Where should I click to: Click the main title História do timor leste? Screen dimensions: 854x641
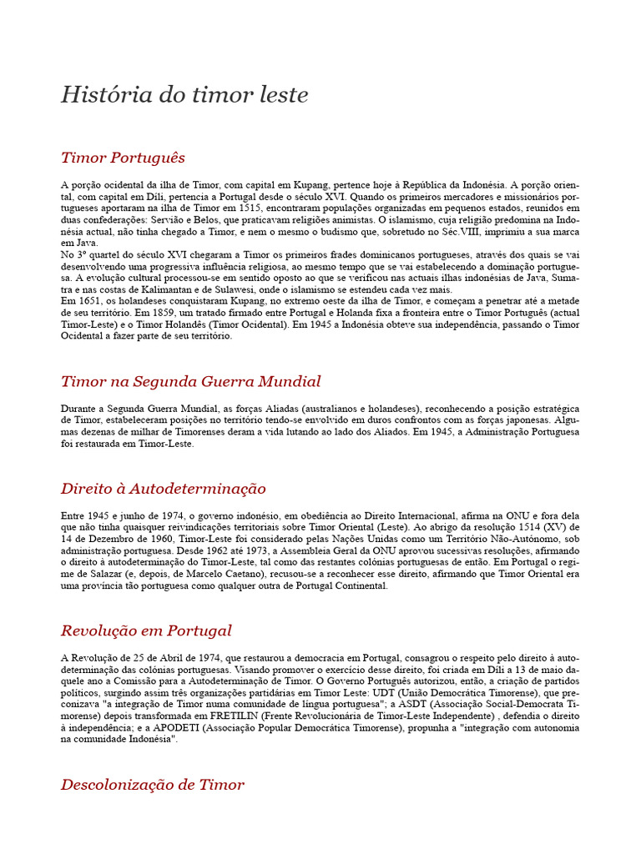184,95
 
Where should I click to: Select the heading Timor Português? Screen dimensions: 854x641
123,158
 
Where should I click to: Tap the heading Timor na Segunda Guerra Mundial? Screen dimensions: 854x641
190,382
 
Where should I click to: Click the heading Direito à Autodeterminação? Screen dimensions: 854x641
163,489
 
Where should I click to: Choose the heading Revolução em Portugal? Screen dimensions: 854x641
146,630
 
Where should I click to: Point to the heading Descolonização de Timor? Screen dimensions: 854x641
153,785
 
